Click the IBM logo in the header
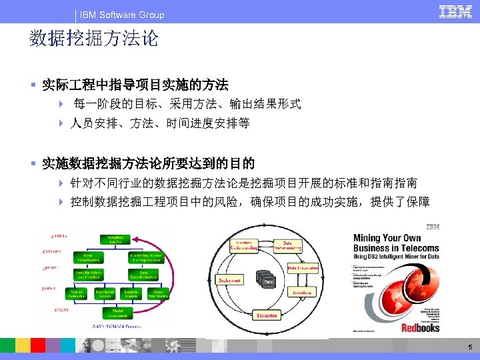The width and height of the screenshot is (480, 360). [x=455, y=12]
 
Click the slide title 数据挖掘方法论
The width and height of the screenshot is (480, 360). [x=94, y=39]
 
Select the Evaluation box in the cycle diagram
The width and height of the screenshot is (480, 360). [x=266, y=315]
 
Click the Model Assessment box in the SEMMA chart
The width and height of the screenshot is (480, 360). [x=119, y=313]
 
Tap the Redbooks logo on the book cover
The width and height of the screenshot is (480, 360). [x=421, y=327]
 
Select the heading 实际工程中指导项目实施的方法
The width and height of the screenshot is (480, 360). [x=135, y=85]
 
